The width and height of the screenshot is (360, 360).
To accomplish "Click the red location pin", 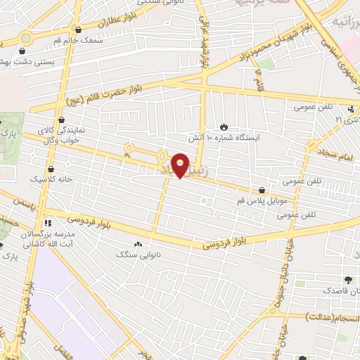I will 181,165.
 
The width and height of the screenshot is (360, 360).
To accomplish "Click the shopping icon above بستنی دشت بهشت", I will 23,51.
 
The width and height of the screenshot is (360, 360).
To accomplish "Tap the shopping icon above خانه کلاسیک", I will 51,169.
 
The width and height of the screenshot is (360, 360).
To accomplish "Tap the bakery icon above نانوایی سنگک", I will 137,243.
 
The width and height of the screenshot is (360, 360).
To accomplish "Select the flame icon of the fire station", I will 224,127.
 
